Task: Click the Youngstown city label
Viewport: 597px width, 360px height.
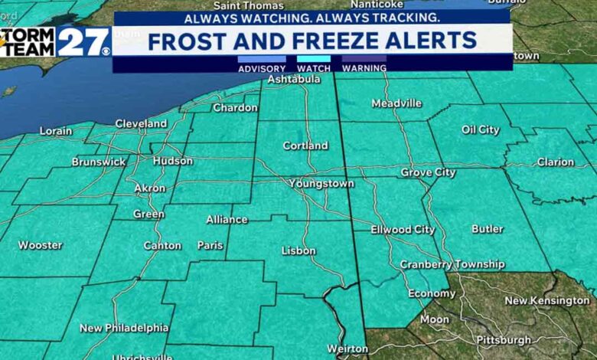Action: click(x=321, y=184)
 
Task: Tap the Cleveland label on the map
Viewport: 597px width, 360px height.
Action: click(x=141, y=123)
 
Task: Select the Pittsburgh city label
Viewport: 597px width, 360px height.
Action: click(x=503, y=340)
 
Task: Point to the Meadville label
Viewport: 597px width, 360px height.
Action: click(x=396, y=103)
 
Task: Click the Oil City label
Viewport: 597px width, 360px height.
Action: click(x=481, y=130)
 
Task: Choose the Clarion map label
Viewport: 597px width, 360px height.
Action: click(x=555, y=162)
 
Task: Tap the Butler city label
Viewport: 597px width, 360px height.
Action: click(x=488, y=229)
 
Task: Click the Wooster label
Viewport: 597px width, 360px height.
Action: click(x=40, y=246)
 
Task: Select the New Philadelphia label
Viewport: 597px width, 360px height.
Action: click(x=124, y=328)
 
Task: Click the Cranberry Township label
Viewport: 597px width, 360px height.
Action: click(x=452, y=265)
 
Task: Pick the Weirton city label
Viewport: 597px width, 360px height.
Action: click(x=347, y=349)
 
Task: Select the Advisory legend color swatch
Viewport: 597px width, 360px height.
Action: click(x=262, y=58)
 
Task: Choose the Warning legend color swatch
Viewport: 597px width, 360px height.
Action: click(x=364, y=58)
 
